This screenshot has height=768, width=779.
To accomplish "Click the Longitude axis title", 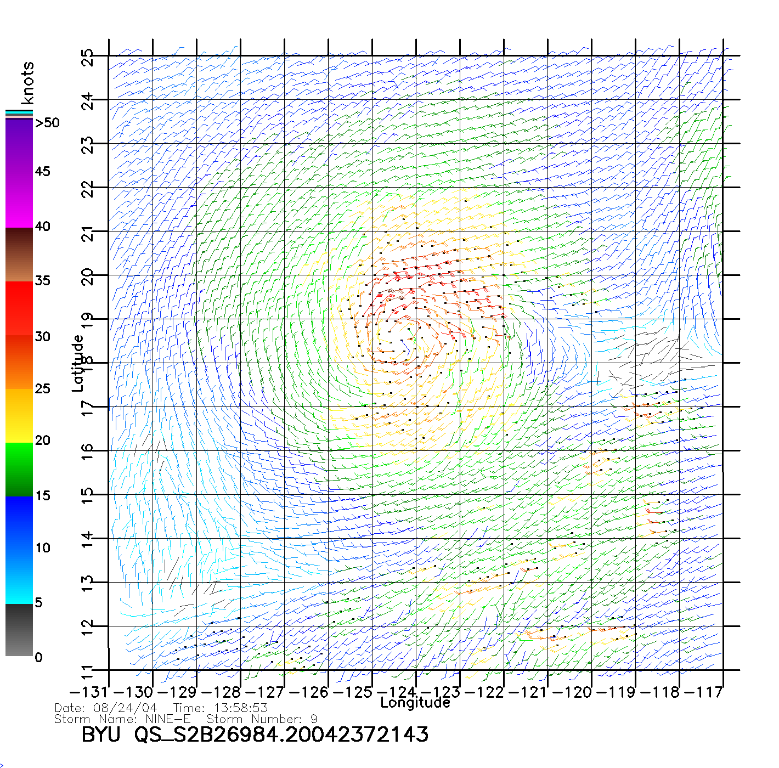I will pos(415,703).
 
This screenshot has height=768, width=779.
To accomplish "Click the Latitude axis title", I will pos(78,363).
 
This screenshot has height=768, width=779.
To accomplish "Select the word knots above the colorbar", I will pos(27,83).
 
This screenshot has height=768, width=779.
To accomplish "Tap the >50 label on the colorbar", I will pos(47,123).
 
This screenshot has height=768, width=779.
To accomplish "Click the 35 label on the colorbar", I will pos(42,281).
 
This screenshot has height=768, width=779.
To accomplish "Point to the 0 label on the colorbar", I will pos(38,657).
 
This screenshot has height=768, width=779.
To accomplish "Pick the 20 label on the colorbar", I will pos(42,441).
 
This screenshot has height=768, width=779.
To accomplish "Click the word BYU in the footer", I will pos(100,734).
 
